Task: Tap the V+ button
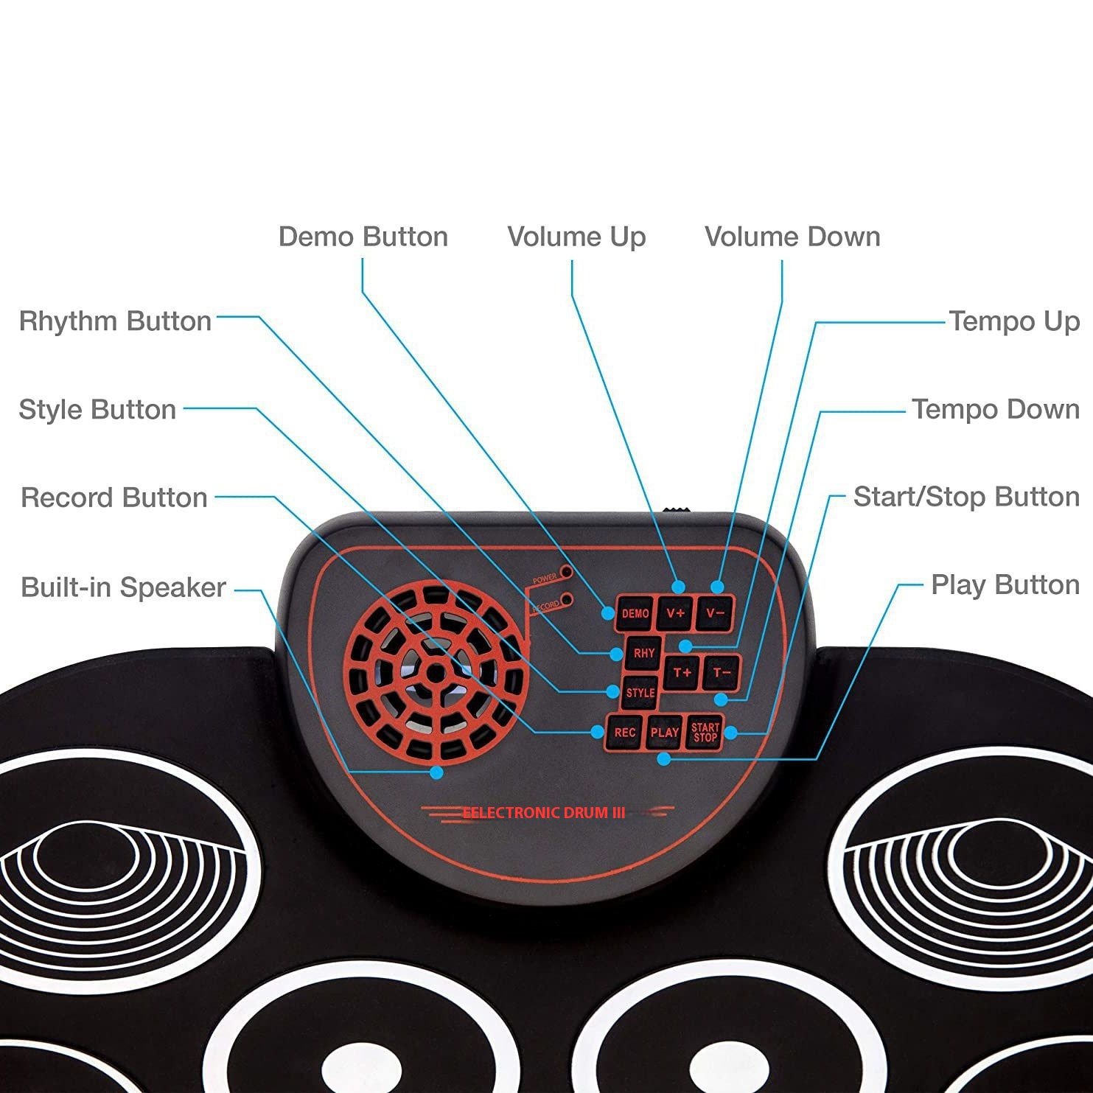[x=674, y=613]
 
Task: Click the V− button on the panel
[x=714, y=612]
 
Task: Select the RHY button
[x=643, y=653]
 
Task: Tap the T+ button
[x=682, y=672]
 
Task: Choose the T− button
[x=722, y=672]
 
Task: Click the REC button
[x=624, y=733]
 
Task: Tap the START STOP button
[x=705, y=733]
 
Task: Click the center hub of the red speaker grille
[x=436, y=672]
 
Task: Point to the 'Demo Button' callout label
[x=363, y=237]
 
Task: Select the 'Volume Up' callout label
[x=576, y=237]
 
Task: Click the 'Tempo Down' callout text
[x=995, y=409]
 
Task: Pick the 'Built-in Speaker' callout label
[x=123, y=587]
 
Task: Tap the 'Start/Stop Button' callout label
[x=965, y=497]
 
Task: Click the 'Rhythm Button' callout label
[x=115, y=321]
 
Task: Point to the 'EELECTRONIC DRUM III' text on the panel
[x=544, y=813]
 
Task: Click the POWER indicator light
[x=566, y=571]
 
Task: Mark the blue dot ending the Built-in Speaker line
[x=436, y=772]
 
